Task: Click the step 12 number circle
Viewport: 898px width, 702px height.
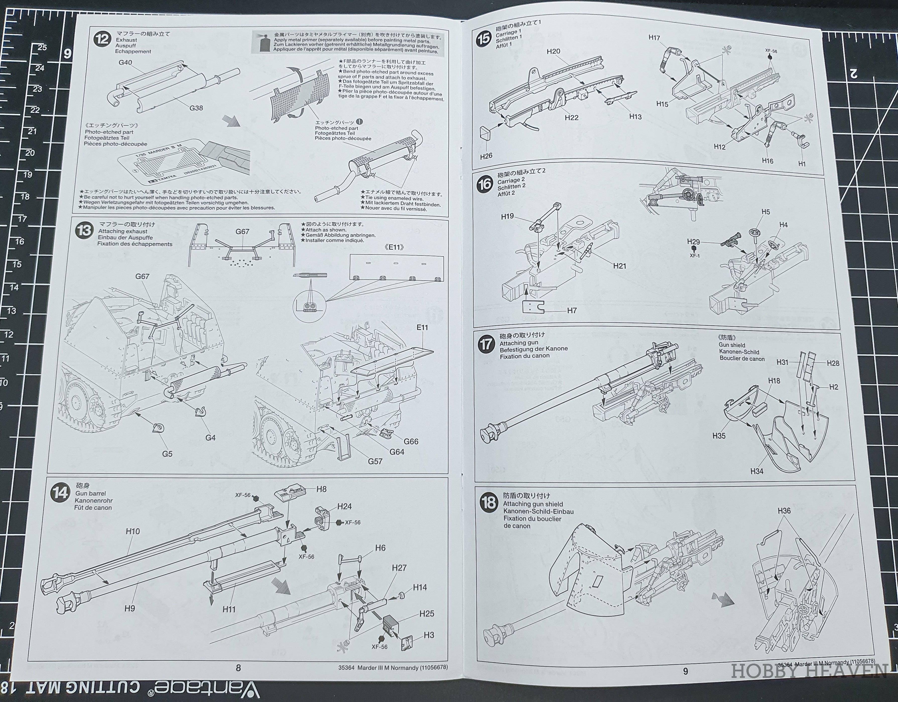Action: [x=102, y=39]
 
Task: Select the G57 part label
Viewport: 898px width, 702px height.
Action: [x=375, y=461]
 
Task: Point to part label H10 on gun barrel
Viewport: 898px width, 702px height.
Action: [x=133, y=531]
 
